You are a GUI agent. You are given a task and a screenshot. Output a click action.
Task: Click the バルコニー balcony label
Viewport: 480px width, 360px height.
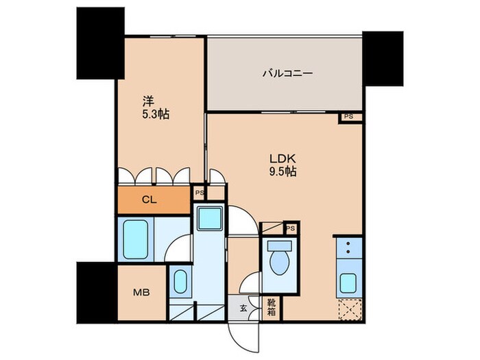click(x=287, y=72)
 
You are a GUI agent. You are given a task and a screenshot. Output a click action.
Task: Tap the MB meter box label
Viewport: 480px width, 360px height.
click(x=139, y=292)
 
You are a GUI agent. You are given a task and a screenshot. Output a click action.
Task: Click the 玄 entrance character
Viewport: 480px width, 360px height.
click(x=243, y=308)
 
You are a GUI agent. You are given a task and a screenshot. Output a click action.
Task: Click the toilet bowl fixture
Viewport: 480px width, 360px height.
click(x=279, y=259)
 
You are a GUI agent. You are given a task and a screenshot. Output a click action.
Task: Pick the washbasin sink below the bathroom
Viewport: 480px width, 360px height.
click(x=180, y=282)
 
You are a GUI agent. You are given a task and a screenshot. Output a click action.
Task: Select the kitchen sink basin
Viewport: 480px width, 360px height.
click(x=348, y=283)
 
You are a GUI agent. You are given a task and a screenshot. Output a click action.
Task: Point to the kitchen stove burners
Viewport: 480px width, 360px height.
click(x=349, y=250)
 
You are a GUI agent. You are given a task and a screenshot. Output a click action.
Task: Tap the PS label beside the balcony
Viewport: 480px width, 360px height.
click(x=349, y=117)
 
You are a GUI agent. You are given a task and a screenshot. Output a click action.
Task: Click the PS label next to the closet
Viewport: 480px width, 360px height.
click(x=199, y=193)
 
